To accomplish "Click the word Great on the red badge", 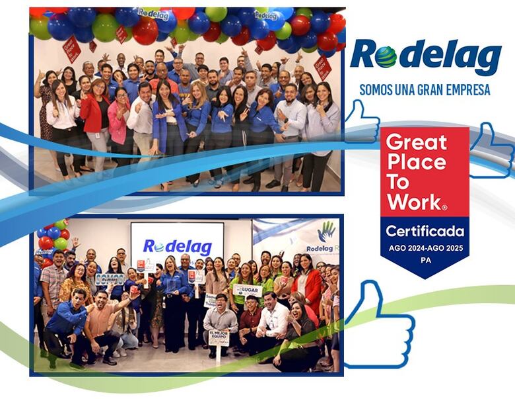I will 416,142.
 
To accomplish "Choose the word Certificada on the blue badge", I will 425,231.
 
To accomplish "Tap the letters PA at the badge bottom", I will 425,258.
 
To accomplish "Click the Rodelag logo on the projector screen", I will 176,246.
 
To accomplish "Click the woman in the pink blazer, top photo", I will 119,122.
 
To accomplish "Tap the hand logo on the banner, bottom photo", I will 326,232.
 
